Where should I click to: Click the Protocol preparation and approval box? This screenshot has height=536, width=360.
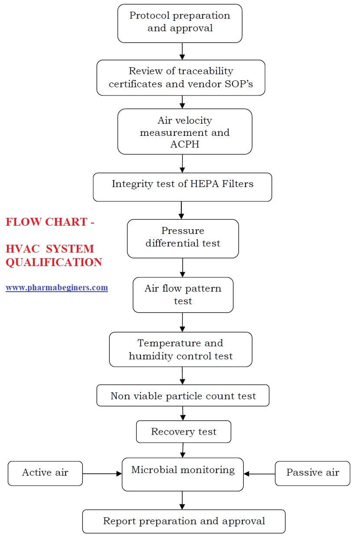click(x=180, y=23)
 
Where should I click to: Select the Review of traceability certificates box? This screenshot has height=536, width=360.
click(x=180, y=77)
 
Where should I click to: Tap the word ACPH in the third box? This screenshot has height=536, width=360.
click(x=185, y=145)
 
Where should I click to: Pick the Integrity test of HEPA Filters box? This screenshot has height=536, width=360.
click(x=182, y=187)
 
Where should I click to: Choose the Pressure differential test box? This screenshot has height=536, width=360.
click(x=183, y=238)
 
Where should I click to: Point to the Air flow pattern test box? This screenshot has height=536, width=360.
click(x=183, y=295)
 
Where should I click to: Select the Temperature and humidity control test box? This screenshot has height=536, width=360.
click(x=180, y=349)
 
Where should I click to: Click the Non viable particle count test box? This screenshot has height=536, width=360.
click(x=183, y=395)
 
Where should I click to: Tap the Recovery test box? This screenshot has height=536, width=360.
click(x=183, y=432)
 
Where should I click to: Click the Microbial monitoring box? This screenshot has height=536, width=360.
click(x=183, y=474)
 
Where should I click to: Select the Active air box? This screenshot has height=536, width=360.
click(x=45, y=473)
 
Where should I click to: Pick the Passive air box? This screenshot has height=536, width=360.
click(x=312, y=473)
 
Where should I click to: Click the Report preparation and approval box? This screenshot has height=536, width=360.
click(x=183, y=521)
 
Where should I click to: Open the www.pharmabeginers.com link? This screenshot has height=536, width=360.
click(x=56, y=287)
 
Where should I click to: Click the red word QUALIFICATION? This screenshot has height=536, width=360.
click(x=54, y=262)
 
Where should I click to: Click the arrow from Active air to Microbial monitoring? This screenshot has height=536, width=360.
click(x=102, y=474)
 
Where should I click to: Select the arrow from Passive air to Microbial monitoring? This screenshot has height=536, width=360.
click(x=259, y=474)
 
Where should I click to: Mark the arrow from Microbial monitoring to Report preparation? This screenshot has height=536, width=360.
click(x=182, y=500)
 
